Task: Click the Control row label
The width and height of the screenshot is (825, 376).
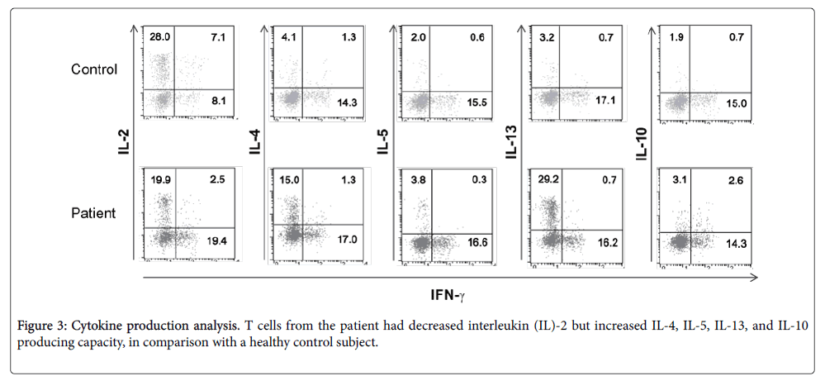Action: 93,69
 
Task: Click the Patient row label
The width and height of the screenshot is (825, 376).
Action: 92,213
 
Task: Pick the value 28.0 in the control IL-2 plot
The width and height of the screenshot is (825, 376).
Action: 160,37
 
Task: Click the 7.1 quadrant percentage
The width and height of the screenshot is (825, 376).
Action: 218,37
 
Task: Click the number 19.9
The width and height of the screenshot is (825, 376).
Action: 160,178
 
